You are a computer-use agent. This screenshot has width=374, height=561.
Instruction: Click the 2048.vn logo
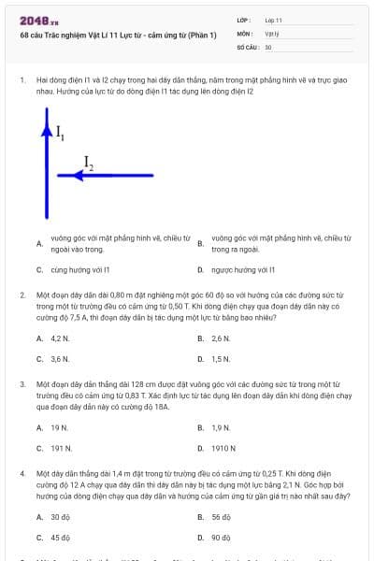pyautogui.click(x=38, y=20)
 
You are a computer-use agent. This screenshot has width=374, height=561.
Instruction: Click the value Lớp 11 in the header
pyautogui.click(x=273, y=20)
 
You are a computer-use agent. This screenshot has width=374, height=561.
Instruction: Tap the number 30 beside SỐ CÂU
pyautogui.click(x=268, y=46)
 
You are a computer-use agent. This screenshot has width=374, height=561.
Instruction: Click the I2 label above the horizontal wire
pyautogui.click(x=88, y=163)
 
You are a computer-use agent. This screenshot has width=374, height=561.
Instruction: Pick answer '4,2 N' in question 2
pyautogui.click(x=60, y=338)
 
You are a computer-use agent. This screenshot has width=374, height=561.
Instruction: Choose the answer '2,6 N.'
pyautogui.click(x=221, y=338)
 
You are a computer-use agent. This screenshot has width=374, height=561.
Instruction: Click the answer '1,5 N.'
pyautogui.click(x=221, y=358)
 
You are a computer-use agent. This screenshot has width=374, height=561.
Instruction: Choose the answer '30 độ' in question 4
pyautogui.click(x=61, y=516)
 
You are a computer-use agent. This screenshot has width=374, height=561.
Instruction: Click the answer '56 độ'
pyautogui.click(x=222, y=516)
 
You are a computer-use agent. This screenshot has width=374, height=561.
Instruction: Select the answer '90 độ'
pyautogui.click(x=222, y=537)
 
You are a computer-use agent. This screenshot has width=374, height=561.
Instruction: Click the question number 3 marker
pyautogui.click(x=22, y=383)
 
